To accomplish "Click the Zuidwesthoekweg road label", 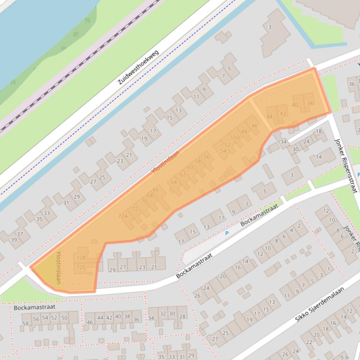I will click(139, 67).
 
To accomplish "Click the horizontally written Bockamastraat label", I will click(28, 307).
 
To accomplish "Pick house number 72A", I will click(123, 216).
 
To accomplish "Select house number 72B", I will click(81, 258).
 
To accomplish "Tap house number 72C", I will click(81, 267).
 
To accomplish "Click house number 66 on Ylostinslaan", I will click(156, 189).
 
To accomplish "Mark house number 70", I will click(144, 202).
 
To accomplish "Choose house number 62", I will click(183, 175).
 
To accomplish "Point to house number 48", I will click(244, 131).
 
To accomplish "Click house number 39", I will click(14, 240).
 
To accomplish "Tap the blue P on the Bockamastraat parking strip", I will click(227, 233).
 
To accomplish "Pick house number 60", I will click(190, 167).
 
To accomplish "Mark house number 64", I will click(174, 182).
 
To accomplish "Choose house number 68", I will click(150, 195).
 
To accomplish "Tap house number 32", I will click(163, 314).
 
